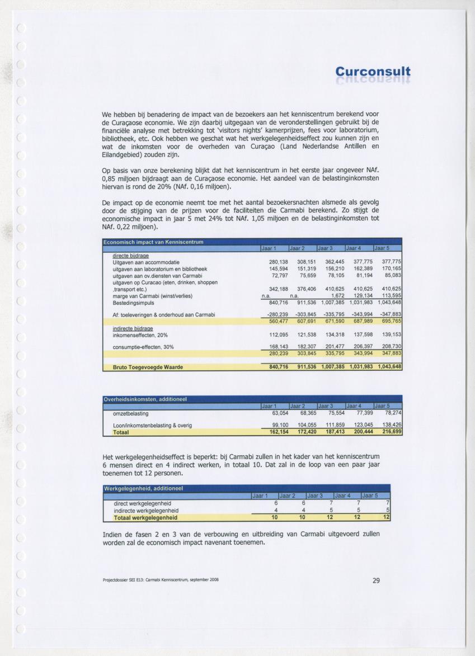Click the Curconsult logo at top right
coord(373,72)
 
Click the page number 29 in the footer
coord(376,581)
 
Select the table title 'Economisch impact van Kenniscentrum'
coord(153,242)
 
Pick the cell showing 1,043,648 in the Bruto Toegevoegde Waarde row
coord(387,367)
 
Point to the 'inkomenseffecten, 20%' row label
coord(140,335)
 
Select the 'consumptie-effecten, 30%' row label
coord(143,347)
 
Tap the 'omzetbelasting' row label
coord(130,413)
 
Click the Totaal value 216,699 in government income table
coord(390,432)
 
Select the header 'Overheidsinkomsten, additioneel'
coord(145,399)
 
